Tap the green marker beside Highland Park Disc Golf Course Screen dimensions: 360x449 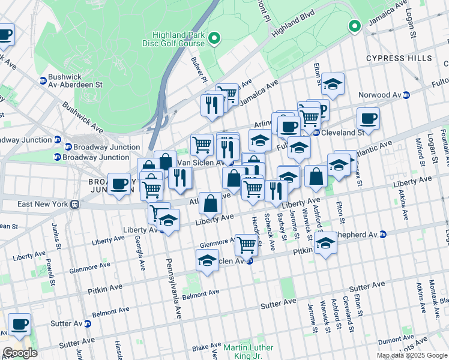click(215, 40)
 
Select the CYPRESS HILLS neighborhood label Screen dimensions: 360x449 click(399, 58)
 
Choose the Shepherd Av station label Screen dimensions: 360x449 click(359, 234)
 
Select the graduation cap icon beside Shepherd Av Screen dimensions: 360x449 click(325, 244)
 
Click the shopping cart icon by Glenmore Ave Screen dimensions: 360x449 click(246, 244)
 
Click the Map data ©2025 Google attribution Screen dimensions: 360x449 click(412, 355)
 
